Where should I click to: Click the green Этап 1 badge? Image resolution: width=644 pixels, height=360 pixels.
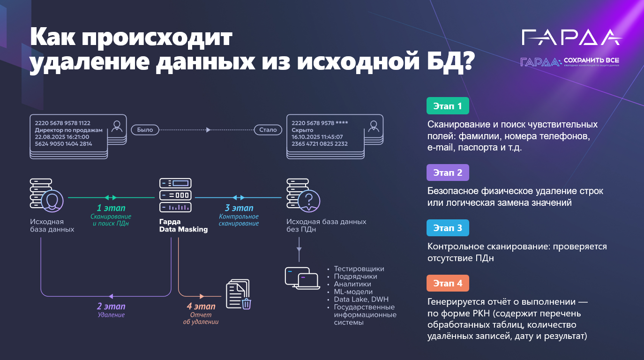(x=448, y=106)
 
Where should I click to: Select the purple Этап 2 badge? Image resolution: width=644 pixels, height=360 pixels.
(x=448, y=172)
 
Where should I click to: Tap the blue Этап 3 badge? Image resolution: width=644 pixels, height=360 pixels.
(x=448, y=228)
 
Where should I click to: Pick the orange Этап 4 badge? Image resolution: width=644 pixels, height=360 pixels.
(x=448, y=283)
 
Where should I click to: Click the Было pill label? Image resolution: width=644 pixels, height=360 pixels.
(x=145, y=129)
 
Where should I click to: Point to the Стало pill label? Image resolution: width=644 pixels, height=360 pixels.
(x=268, y=129)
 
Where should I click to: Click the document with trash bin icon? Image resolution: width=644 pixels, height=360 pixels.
(x=238, y=294)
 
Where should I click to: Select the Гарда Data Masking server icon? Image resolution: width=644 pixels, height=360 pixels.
(x=175, y=195)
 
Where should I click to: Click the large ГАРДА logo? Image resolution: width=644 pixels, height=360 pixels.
(x=572, y=37)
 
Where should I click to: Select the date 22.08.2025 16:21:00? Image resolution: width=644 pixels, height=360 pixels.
(x=62, y=137)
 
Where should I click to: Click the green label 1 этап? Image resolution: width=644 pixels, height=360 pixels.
(x=111, y=208)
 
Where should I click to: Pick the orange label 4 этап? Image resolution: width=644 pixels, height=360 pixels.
(x=201, y=307)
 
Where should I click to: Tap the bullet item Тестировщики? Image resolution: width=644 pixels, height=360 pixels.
(x=359, y=269)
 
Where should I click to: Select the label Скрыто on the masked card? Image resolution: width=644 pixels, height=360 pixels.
(x=303, y=130)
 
